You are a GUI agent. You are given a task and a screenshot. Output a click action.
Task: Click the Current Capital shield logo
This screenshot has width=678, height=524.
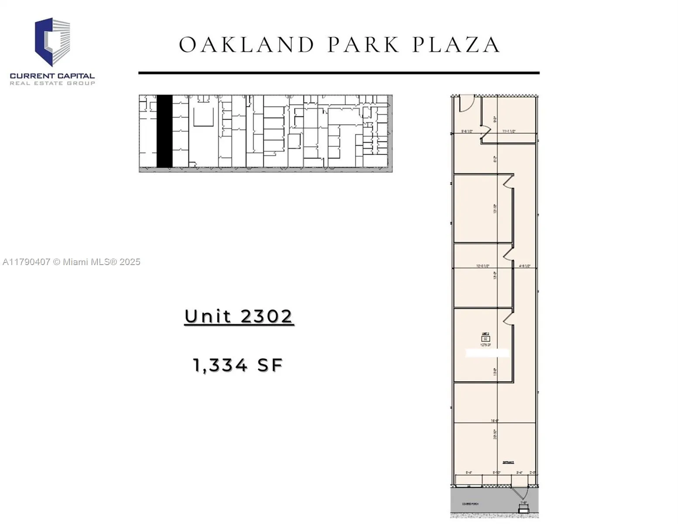[52, 42]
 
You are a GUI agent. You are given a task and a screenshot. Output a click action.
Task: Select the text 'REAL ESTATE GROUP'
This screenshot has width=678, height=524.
[52, 83]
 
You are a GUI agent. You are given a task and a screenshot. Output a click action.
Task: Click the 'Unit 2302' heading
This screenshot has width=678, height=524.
[238, 317]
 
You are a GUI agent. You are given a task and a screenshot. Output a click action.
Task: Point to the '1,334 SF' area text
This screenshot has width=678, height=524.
[238, 365]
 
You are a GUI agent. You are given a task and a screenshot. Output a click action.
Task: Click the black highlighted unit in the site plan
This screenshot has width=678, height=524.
[164, 131]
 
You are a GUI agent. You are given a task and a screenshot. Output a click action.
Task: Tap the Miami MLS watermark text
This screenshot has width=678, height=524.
[72, 262]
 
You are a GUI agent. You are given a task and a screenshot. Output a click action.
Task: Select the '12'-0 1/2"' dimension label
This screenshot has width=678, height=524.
[482, 265]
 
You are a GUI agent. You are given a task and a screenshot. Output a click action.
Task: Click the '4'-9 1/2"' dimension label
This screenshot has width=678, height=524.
[524, 265]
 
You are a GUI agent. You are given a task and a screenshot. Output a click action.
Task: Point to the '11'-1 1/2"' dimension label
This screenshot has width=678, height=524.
[509, 131]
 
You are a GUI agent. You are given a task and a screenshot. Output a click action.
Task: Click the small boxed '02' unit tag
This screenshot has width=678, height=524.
[485, 339]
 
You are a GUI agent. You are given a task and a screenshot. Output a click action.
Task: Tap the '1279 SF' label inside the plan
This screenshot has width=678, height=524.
[485, 345]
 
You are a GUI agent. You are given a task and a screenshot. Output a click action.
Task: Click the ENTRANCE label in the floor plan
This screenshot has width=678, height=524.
[508, 462]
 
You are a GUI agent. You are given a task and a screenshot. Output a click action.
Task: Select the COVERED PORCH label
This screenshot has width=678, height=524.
[470, 504]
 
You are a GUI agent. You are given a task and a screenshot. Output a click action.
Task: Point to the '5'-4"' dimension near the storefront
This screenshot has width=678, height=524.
[469, 472]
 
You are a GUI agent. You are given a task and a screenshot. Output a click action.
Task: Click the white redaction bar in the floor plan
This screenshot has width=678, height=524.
[487, 353]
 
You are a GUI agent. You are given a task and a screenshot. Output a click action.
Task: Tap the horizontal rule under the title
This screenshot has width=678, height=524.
[339, 73]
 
